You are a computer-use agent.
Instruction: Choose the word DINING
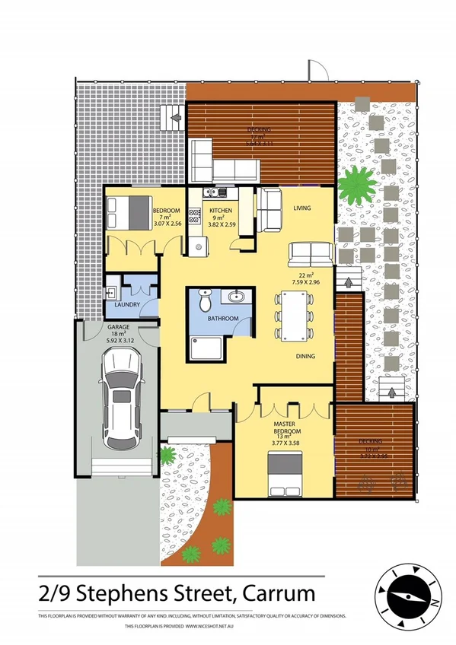coord(308,354)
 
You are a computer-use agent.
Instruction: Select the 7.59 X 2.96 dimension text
coord(307,283)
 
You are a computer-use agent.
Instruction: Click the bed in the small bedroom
coord(126,213)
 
